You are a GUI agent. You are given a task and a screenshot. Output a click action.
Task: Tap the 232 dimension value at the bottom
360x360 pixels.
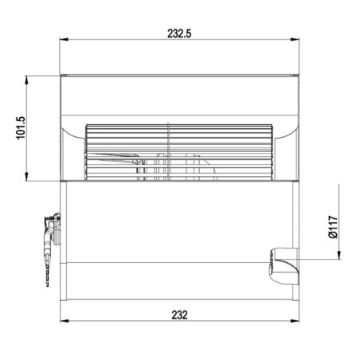point(179,315)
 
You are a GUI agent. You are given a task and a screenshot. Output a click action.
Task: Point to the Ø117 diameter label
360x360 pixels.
point(333,225)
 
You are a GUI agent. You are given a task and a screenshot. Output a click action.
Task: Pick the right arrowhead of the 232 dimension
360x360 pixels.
point(295,322)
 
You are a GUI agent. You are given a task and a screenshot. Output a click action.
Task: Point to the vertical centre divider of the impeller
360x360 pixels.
point(168,151)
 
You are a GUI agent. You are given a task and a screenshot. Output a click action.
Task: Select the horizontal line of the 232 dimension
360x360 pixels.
point(119,322)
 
